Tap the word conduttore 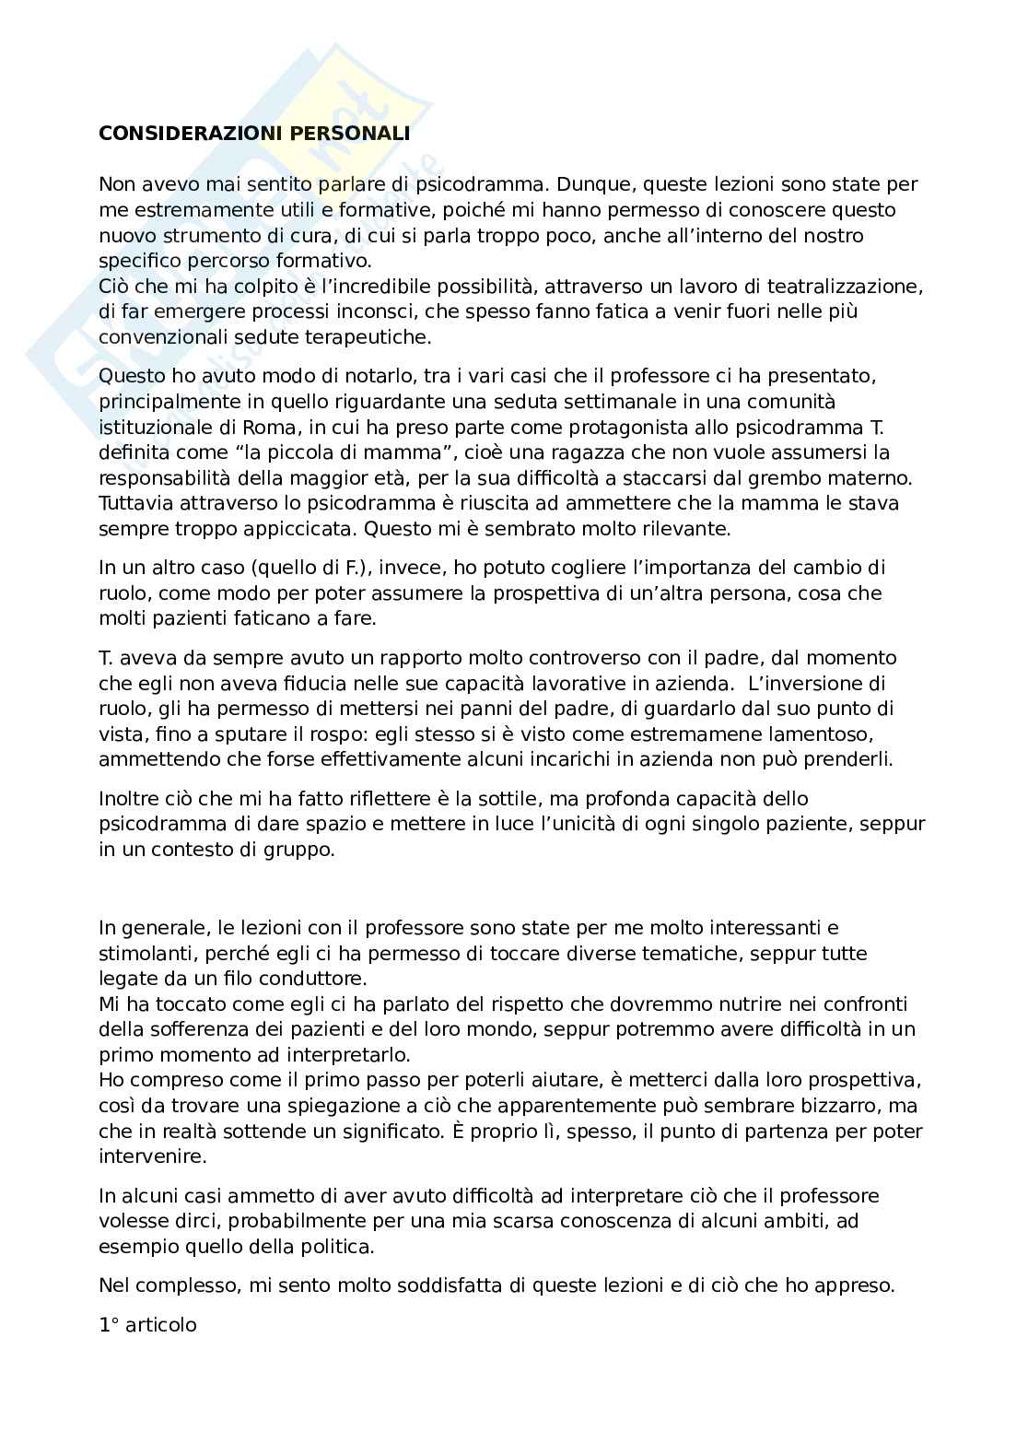pyautogui.click(x=318, y=978)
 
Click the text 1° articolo pyautogui.click(x=147, y=1325)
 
